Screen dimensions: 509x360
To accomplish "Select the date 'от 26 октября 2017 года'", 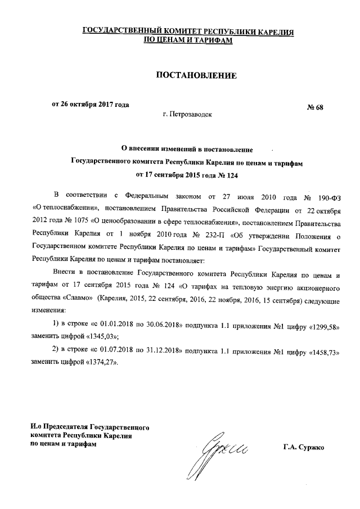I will pos(91,104).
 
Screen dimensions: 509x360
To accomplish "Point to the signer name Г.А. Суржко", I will pos(304,448).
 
